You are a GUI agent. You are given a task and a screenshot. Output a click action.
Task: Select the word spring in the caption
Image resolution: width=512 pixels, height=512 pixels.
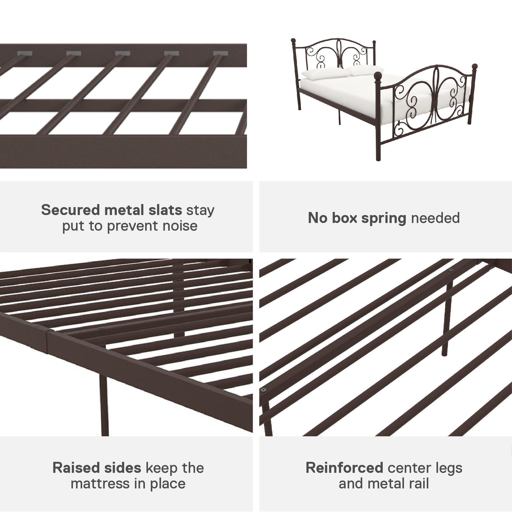pyautogui.click(x=384, y=218)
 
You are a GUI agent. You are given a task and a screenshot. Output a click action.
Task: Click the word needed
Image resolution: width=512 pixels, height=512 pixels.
pyautogui.click(x=435, y=218)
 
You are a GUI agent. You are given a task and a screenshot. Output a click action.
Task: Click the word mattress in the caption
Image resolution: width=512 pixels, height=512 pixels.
pyautogui.click(x=100, y=484)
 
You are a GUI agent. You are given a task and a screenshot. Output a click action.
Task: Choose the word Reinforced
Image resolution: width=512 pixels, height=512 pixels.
pyautogui.click(x=344, y=468)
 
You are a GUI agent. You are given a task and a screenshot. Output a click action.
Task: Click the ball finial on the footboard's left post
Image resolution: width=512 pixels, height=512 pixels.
pyautogui.click(x=377, y=76)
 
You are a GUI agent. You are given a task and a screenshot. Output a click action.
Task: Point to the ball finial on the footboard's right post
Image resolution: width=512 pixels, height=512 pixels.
pyautogui.click(x=475, y=66)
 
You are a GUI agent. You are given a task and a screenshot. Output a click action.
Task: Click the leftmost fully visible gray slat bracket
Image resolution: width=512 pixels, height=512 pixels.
pyautogui.click(x=25, y=54)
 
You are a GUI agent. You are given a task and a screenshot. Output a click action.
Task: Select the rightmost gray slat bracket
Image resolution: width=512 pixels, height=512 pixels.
pyautogui.click(x=220, y=54)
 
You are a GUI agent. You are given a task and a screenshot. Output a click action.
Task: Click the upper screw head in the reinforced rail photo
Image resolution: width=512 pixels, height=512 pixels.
pyautogui.click(x=451, y=270)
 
